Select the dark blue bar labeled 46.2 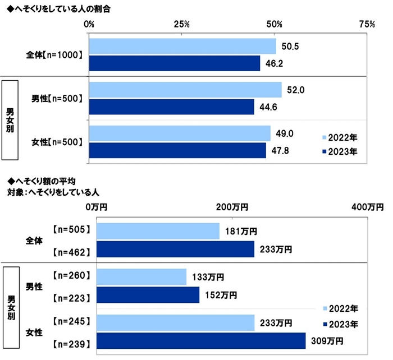[x=174, y=63]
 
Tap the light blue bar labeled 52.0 [x=185, y=90]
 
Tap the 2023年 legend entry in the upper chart [x=340, y=151]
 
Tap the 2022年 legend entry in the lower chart [x=340, y=309]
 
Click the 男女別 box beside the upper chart [x=10, y=121]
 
